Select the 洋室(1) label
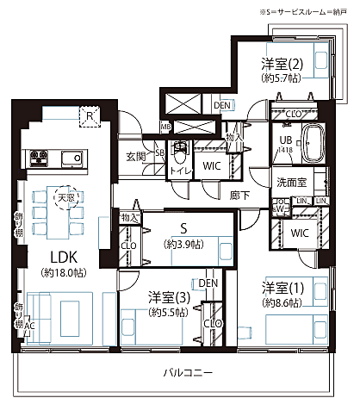281,288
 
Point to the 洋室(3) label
165,297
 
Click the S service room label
183,230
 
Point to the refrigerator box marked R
89,115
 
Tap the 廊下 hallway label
240,196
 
